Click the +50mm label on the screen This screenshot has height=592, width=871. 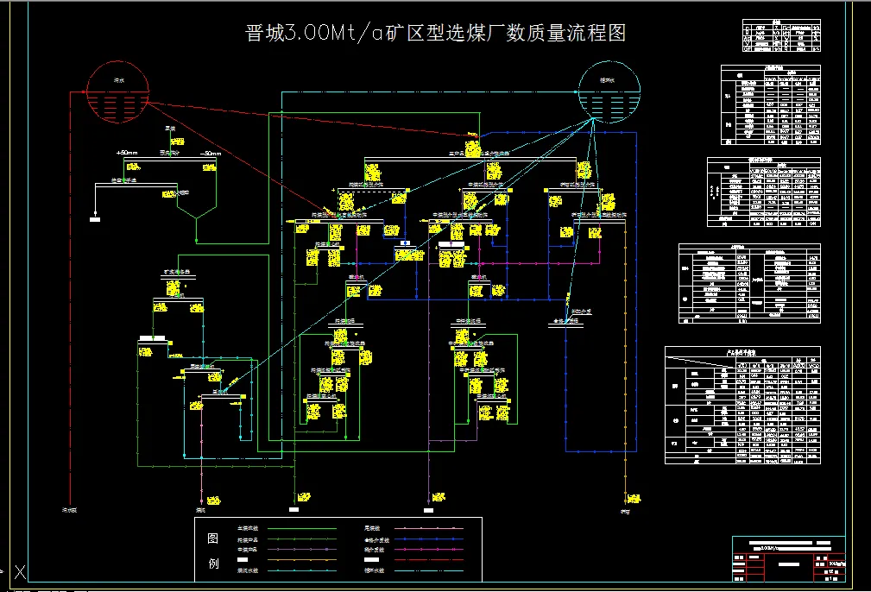(x=127, y=153)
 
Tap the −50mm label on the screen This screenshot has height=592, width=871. (x=210, y=153)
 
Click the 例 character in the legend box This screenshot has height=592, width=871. (x=213, y=565)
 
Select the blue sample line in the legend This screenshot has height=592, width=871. (x=432, y=539)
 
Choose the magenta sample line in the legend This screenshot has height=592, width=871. (x=432, y=528)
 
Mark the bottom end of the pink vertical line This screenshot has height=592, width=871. (x=430, y=492)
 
